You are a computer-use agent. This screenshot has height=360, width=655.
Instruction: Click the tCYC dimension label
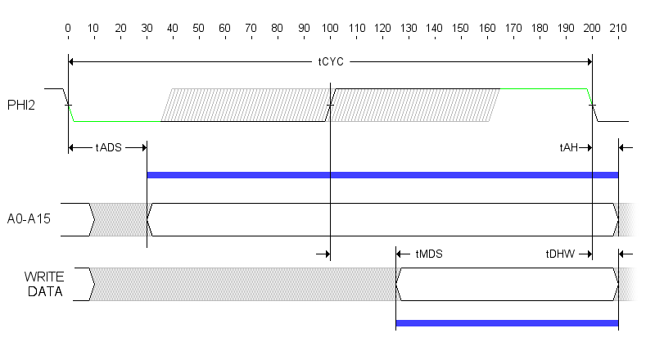331,61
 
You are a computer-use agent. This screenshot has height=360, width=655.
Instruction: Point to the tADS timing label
108,147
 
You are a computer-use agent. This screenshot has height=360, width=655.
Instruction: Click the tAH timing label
568,147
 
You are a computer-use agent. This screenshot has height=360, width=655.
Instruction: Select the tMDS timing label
429,254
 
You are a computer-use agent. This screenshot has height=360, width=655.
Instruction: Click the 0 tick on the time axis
68,29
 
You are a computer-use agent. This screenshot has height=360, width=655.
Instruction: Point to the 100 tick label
330,29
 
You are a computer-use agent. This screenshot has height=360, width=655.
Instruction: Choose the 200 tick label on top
592,29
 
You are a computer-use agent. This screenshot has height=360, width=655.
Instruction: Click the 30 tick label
147,29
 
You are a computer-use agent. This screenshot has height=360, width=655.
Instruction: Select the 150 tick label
461,29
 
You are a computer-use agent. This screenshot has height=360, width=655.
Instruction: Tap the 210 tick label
618,29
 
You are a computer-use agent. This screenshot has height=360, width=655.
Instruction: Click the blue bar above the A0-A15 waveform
382,175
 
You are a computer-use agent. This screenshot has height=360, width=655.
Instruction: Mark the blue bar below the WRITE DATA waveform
507,324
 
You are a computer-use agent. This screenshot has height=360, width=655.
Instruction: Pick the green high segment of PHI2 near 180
544,88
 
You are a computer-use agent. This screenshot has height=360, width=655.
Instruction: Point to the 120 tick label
382,29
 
